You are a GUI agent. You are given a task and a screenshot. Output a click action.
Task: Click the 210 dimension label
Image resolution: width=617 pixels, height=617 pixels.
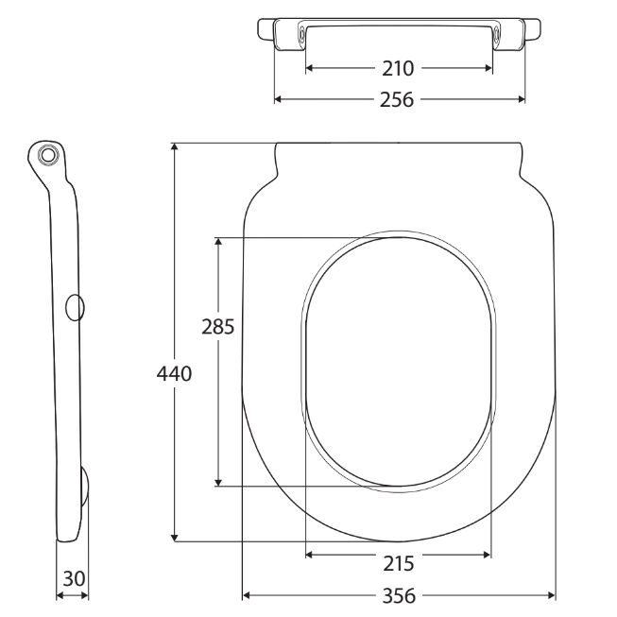click(399, 68)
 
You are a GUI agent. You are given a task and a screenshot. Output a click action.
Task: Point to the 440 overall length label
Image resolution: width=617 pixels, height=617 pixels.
click(175, 374)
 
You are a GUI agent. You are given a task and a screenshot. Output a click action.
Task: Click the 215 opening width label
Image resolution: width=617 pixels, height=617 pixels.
click(399, 563)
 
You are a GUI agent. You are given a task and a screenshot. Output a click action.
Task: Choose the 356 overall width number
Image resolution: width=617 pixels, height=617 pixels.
click(399, 596)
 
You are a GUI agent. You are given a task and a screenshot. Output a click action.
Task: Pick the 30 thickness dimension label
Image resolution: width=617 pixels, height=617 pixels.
click(73, 576)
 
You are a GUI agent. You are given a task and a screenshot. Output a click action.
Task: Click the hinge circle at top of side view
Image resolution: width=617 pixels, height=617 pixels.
click(48, 154)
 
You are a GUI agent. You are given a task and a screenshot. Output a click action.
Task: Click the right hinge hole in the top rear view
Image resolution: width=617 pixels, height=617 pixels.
click(497, 34)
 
